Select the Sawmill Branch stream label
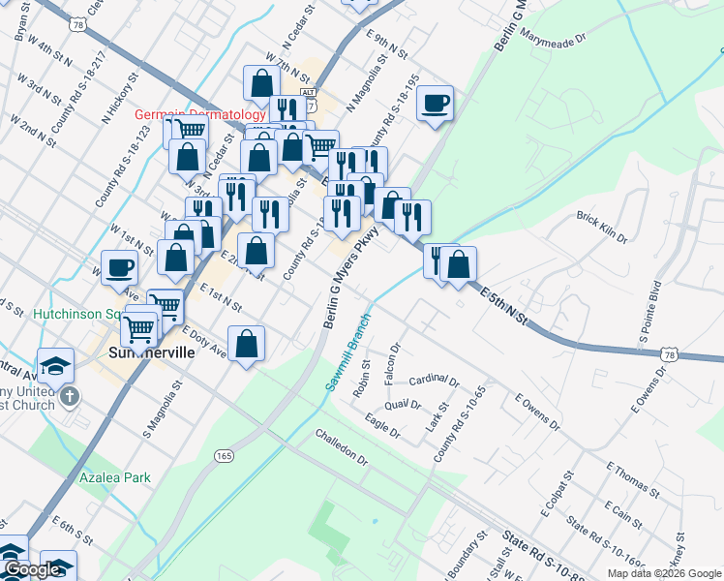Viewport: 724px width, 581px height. point(349,352)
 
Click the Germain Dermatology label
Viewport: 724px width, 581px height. point(199,114)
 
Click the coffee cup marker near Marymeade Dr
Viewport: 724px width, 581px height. point(436,103)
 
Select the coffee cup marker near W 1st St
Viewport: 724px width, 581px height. point(120,267)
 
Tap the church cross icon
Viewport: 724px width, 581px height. point(69,397)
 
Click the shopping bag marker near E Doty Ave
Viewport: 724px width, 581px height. point(247,343)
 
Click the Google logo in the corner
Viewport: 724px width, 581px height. point(32,570)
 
